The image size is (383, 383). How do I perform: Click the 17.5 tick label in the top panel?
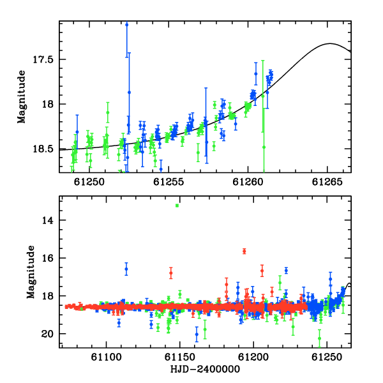point(43,59)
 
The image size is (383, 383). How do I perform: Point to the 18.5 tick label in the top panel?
point(43,149)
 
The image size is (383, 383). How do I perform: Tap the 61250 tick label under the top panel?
point(89,182)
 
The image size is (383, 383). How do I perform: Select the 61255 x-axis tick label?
point(169,182)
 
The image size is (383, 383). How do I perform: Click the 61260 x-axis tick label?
point(248,182)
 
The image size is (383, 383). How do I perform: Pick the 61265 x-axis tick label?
point(327,182)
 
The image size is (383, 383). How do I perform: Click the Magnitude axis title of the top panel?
point(21,97)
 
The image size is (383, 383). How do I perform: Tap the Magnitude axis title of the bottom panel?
point(31,272)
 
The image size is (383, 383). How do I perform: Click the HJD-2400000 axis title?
point(205,369)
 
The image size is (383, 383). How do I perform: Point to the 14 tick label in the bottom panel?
point(47,220)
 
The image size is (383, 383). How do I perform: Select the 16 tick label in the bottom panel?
point(47,258)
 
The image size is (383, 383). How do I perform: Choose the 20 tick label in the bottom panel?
point(47,334)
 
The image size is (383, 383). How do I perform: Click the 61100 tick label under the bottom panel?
point(106,357)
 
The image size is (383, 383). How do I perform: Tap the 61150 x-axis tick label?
point(180,357)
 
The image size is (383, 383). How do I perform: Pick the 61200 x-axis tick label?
point(253,357)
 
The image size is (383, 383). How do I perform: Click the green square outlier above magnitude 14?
point(177,206)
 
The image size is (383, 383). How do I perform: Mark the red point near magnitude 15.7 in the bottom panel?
point(244,251)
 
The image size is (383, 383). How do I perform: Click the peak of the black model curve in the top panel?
point(330,43)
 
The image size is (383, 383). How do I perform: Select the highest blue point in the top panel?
point(126,25)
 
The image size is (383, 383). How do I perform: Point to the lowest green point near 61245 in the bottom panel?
point(319,338)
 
